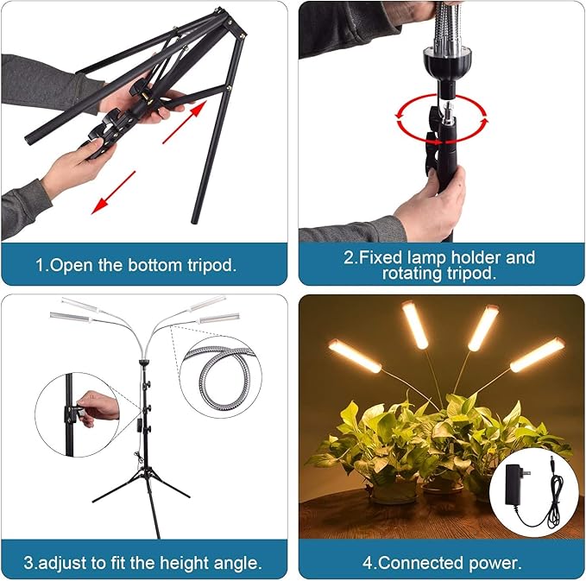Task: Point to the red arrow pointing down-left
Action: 114,192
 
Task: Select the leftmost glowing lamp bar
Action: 354,356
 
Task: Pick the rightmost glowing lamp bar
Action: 537,355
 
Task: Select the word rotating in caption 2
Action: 414,274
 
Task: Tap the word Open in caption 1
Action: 72,265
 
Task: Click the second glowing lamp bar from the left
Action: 415,325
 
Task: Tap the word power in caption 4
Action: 493,563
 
